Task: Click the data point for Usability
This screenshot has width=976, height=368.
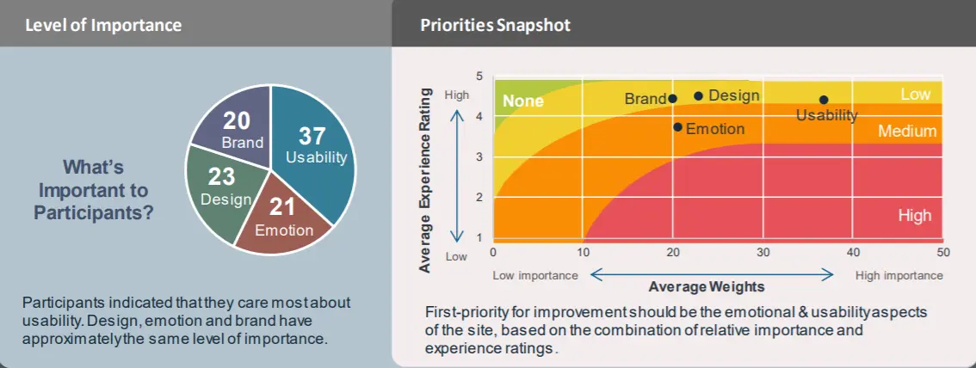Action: [x=824, y=100]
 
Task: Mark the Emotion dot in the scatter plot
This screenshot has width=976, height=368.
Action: [x=678, y=127]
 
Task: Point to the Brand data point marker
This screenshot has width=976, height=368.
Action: [x=672, y=99]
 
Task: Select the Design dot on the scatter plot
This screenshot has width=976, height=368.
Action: [x=698, y=95]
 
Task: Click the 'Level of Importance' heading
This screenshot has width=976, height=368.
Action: [x=103, y=25]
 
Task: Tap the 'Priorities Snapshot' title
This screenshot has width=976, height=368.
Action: [x=495, y=25]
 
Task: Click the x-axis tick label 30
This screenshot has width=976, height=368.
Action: [x=763, y=253]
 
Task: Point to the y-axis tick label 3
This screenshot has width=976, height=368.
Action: [x=479, y=157]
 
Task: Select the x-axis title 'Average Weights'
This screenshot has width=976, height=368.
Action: [x=707, y=285]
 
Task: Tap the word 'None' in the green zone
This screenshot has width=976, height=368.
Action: [x=523, y=101]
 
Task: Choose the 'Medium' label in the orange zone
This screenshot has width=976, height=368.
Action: [x=907, y=132]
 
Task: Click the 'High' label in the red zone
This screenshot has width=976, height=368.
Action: [x=914, y=216]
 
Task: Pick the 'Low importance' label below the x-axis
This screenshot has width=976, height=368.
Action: [x=535, y=275]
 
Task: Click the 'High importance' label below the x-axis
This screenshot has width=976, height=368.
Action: [x=899, y=275]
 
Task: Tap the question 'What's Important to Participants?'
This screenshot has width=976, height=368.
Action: [x=93, y=189]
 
